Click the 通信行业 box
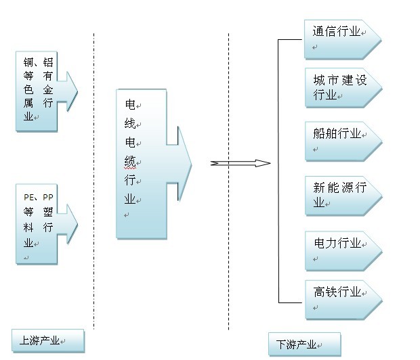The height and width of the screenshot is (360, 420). [339, 39]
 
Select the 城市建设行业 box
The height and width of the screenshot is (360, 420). [339, 88]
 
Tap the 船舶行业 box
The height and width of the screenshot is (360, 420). [339, 141]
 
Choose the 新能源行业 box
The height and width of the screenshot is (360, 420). [339, 195]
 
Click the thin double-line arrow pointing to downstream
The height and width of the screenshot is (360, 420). [240, 163]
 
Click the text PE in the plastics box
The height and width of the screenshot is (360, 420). [28, 197]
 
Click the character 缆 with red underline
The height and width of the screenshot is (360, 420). [130, 162]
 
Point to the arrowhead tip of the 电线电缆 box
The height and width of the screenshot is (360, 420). [191, 163]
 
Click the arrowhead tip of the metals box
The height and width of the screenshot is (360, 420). [77, 89]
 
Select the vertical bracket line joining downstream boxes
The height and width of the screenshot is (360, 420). [278, 169]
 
